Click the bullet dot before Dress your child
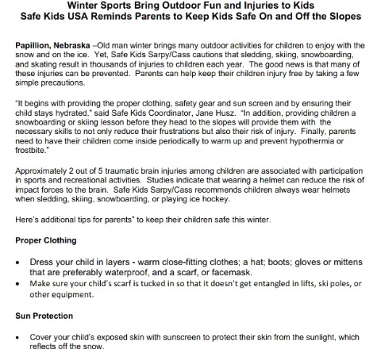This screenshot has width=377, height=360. click(19, 262)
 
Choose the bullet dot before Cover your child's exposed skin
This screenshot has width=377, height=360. click(19, 335)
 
